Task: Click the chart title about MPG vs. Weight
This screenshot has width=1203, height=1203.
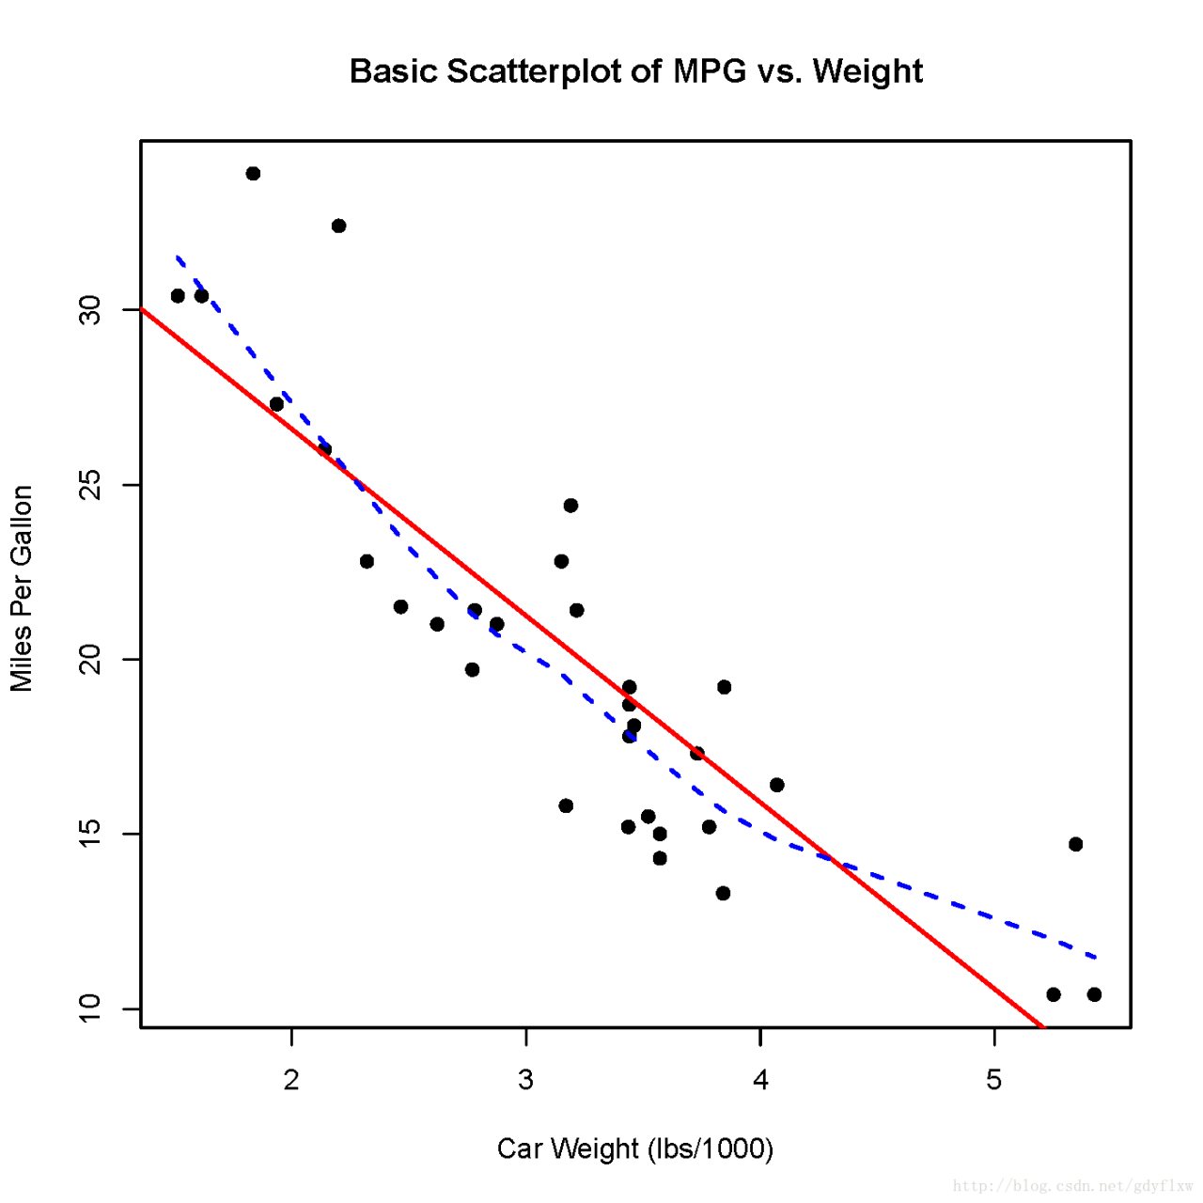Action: tap(635, 71)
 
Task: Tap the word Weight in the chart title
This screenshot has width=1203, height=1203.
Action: tap(867, 71)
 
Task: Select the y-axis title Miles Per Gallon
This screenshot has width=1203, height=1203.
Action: tap(22, 588)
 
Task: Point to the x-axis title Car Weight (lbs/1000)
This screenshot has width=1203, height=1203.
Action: tap(635, 1148)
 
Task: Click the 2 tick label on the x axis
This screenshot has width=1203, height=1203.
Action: tap(291, 1081)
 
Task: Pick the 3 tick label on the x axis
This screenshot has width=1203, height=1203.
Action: tap(526, 1081)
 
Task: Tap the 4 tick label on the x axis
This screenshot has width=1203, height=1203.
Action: tap(760, 1081)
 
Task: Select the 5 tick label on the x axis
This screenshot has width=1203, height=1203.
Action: tap(994, 1081)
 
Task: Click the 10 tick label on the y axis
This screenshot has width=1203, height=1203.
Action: tap(90, 1008)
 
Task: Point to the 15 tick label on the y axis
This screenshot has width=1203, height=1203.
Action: tap(90, 834)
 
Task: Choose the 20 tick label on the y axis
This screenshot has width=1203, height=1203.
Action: tap(90, 659)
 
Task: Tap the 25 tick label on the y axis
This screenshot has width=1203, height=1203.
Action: tap(90, 485)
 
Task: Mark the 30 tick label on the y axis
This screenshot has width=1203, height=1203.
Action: tap(90, 310)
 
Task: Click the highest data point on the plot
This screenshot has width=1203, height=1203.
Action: tap(253, 174)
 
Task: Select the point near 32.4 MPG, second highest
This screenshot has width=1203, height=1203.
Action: tap(339, 226)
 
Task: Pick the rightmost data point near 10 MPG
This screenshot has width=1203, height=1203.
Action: tap(1094, 994)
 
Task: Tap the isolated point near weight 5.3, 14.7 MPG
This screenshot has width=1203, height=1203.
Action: tap(1076, 844)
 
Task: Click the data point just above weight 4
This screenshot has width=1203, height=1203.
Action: tap(776, 785)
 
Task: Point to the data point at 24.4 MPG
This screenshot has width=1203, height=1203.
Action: tap(570, 506)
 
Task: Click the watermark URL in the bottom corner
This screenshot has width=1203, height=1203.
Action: tap(1072, 1186)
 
